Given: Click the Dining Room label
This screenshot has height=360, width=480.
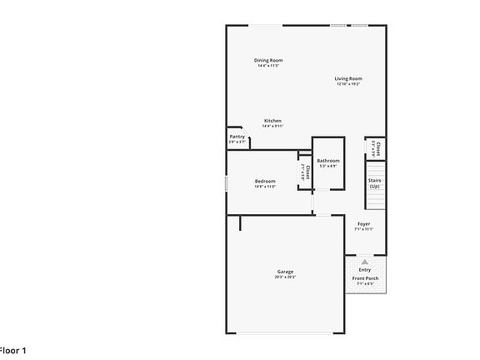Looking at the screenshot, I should click(x=268, y=60).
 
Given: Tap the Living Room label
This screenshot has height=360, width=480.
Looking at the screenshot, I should click(x=348, y=78).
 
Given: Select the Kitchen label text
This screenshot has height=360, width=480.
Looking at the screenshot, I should click(x=273, y=121).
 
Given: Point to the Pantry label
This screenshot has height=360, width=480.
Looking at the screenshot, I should click(x=237, y=137).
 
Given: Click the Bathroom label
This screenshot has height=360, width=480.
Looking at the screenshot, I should click(x=327, y=160).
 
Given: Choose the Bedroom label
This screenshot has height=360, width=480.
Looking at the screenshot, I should click(x=265, y=181).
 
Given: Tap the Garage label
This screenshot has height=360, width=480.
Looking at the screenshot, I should click(x=285, y=272).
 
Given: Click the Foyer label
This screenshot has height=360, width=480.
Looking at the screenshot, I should click(x=364, y=223).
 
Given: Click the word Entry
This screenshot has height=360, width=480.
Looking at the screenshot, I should click(x=365, y=269).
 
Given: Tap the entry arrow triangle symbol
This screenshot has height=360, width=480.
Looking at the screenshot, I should click(x=364, y=261).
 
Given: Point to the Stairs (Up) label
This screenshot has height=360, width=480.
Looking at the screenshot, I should click(x=374, y=182).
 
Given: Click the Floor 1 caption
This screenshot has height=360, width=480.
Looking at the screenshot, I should click(x=13, y=351).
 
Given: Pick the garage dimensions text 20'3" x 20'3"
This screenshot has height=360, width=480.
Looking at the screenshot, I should click(x=285, y=277).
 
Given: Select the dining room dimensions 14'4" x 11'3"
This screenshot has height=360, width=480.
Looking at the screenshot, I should click(x=268, y=66).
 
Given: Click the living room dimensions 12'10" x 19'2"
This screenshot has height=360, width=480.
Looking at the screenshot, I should click(x=348, y=84).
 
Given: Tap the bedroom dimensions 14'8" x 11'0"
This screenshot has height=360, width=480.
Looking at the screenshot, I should click(x=265, y=187).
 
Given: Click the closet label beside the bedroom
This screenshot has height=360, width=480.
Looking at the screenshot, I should click(x=308, y=172).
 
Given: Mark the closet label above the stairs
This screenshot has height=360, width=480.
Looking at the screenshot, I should click(x=378, y=147).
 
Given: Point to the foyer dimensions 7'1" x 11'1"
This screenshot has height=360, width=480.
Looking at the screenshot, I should click(x=364, y=229).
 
